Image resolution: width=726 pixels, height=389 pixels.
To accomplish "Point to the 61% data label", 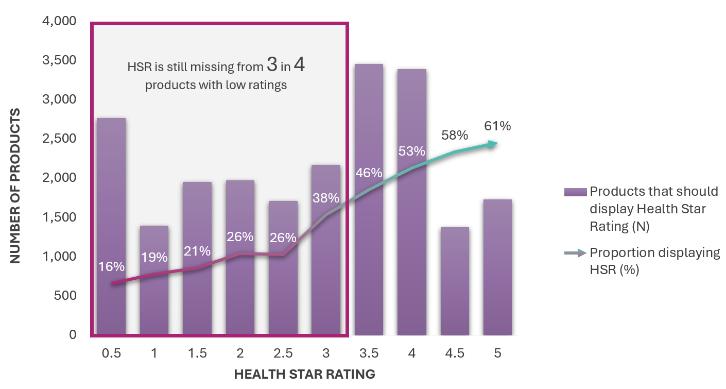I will [497, 126].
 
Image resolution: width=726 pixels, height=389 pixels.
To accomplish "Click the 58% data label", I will [455, 136].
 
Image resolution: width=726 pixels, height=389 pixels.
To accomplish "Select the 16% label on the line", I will [111, 266].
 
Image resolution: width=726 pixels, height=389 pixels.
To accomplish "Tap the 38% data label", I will [326, 198].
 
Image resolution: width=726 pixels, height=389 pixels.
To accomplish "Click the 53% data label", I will [412, 151].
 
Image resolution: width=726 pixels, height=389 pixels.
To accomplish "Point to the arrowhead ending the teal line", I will [493, 144].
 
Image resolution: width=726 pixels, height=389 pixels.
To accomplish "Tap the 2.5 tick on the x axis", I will [283, 353].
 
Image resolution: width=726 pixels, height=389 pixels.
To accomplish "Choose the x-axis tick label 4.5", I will [455, 353].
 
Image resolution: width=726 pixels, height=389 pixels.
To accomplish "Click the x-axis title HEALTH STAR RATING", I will [304, 374].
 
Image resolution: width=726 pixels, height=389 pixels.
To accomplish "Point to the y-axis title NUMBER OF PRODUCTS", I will [16, 185].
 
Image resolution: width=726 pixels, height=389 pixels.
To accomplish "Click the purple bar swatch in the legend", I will [575, 192].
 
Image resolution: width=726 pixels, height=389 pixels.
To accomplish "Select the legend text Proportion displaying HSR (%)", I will [654, 261].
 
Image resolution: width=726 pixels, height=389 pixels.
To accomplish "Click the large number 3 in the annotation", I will [273, 65].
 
